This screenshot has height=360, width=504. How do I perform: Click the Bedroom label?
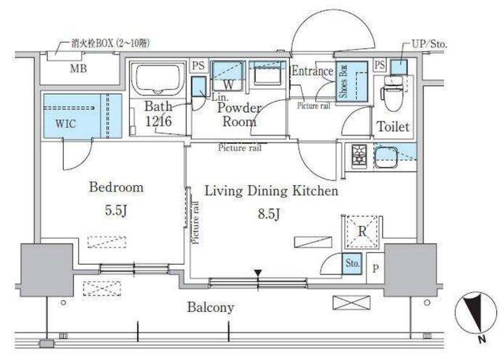(x=116, y=187)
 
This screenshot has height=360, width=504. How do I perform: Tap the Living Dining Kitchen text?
(x=271, y=191)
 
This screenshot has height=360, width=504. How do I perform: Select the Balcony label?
(x=209, y=306)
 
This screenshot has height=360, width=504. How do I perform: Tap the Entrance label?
(x=312, y=71)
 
